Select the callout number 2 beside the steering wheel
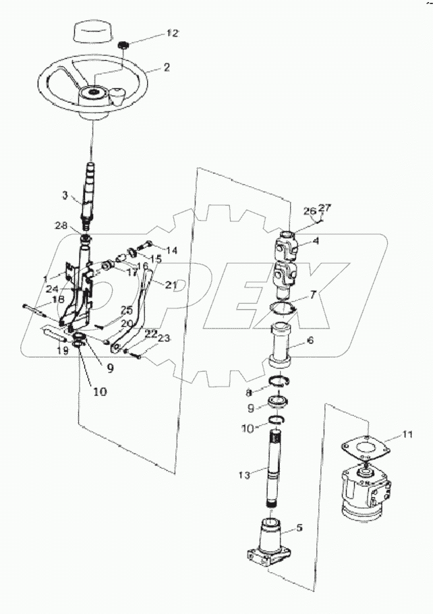[x=166, y=67]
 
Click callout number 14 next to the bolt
[x=171, y=250]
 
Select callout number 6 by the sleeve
[x=310, y=341]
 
